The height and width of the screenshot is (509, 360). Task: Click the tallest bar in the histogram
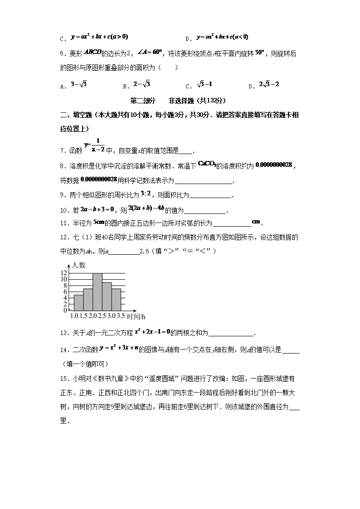pos(97,291)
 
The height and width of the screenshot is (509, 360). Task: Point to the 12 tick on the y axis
pos(64,273)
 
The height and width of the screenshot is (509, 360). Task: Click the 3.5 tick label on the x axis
pos(120,316)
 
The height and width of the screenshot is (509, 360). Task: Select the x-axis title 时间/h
pos(136,316)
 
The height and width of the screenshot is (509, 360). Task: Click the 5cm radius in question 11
pos(99,222)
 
